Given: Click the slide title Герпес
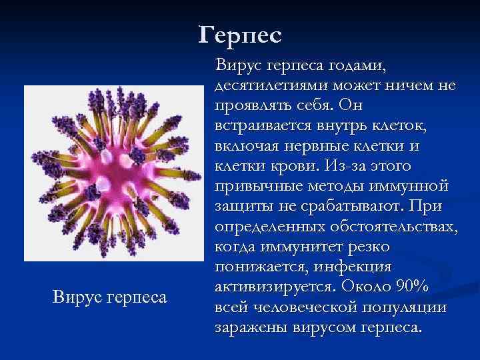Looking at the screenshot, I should pos(240,34).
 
